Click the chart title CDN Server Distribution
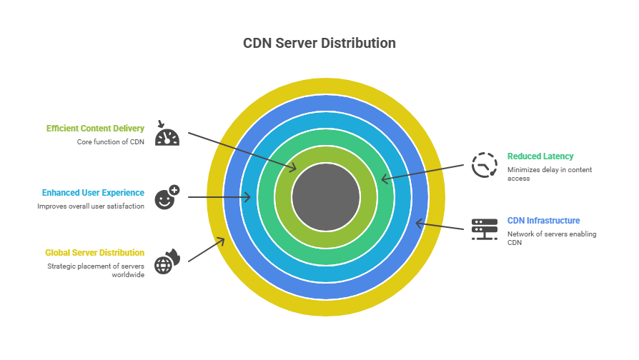(319, 44)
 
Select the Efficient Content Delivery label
(95, 129)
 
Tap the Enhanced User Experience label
(93, 193)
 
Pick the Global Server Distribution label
(94, 253)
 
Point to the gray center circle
(326, 196)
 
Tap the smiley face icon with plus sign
(167, 197)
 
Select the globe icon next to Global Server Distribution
(167, 261)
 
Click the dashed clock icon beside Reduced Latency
(484, 165)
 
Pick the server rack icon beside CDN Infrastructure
(484, 229)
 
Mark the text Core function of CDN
(111, 142)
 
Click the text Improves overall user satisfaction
(91, 206)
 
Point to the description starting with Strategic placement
(96, 270)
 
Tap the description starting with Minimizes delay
(550, 174)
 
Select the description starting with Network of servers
(551, 238)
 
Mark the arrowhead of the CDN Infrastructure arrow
(418, 224)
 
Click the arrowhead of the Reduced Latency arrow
(384, 179)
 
